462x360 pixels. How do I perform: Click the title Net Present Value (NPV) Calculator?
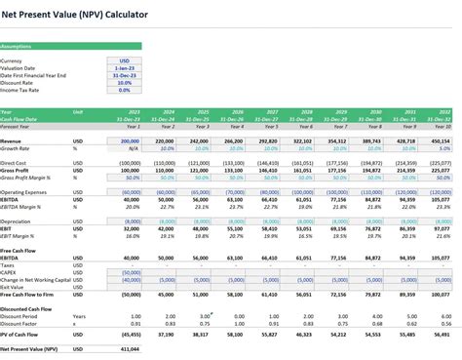73,9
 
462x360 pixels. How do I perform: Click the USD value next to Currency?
125,60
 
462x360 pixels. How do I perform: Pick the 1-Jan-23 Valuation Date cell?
125,67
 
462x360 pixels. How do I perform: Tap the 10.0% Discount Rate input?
125,83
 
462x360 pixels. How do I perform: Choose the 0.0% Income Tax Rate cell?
125,90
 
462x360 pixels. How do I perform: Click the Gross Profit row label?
19,171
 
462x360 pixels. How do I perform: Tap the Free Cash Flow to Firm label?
29,294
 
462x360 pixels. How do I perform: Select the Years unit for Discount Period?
79,316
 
